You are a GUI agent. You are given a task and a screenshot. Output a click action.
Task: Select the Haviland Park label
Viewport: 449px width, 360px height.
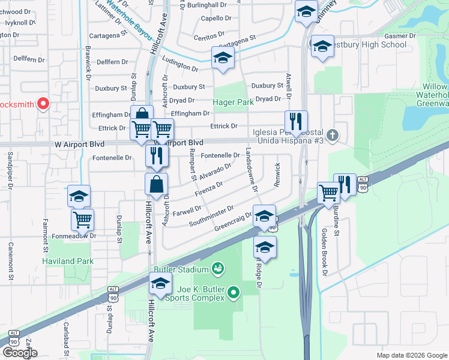[x=67, y=261]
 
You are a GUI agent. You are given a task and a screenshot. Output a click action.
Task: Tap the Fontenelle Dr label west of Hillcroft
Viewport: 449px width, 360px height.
[x=112, y=158]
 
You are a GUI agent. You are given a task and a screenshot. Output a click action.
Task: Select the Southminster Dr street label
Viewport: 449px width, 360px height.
[x=211, y=217]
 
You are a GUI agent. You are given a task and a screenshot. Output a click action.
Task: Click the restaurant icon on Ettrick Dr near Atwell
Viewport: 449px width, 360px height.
[x=296, y=121]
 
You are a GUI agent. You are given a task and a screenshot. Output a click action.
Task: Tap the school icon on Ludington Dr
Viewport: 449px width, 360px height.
[x=223, y=58]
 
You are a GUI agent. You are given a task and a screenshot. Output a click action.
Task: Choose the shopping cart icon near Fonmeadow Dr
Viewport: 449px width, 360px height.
[x=82, y=219]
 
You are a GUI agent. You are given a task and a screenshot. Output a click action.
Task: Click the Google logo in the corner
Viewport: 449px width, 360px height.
[x=20, y=353]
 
